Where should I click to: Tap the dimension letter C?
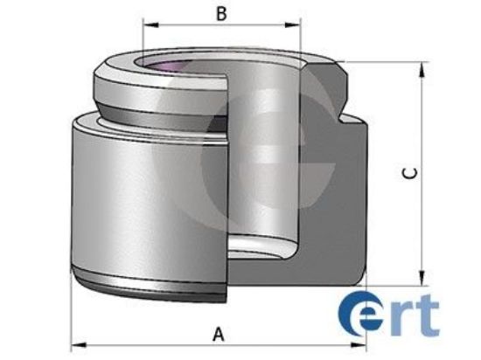[408, 172]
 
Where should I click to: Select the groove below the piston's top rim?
[157, 111]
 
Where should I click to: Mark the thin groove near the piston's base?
[149, 284]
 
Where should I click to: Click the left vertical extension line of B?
[143, 44]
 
